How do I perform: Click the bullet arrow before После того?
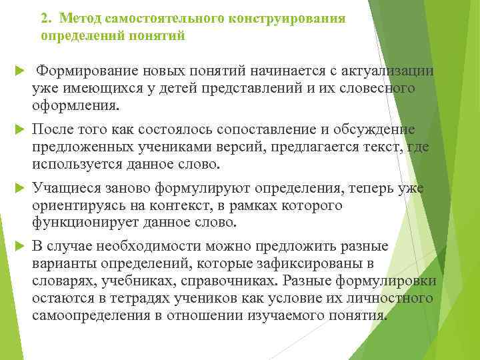point(18,129)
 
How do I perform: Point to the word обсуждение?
point(372,129)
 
